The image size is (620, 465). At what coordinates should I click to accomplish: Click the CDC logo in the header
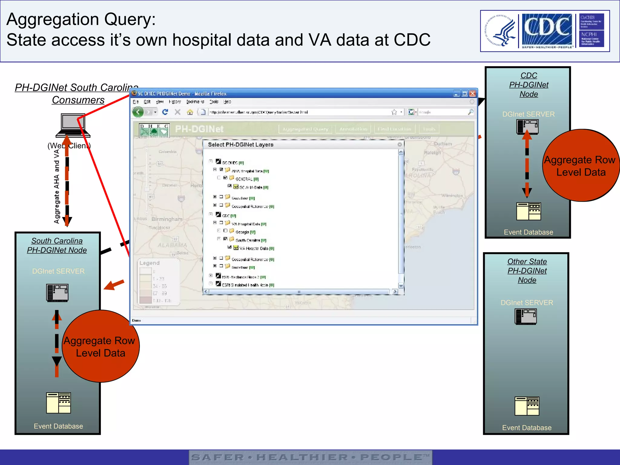[x=547, y=30]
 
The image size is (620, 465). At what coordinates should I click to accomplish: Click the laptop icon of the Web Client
[x=73, y=125]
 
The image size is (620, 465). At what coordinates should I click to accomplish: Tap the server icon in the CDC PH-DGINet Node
[x=527, y=127]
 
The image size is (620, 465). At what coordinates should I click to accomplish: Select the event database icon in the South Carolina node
[x=58, y=403]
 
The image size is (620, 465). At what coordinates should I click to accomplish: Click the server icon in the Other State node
[x=526, y=316]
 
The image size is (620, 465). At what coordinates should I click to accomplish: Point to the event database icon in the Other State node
[x=527, y=406]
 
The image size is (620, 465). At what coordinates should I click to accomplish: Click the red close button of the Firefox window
[x=472, y=94]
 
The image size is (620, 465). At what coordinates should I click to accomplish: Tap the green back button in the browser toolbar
[x=138, y=112]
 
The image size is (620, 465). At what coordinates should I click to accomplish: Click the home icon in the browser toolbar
[x=190, y=112]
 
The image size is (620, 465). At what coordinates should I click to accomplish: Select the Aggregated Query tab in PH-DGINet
[x=305, y=129]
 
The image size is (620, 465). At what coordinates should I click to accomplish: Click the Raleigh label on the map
[x=432, y=153]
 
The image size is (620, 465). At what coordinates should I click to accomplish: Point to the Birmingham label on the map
[x=167, y=219]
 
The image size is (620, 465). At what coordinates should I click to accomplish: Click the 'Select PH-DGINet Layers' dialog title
[x=241, y=145]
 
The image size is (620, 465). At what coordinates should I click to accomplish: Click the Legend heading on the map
[x=150, y=263]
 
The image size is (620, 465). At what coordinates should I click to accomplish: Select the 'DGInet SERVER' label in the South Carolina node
[x=58, y=271]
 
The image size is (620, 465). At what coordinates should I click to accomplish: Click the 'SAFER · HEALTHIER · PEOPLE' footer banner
[x=310, y=457]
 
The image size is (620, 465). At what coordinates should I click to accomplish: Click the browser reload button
[x=165, y=112]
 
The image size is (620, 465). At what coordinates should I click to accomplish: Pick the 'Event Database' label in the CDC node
[x=528, y=232]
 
